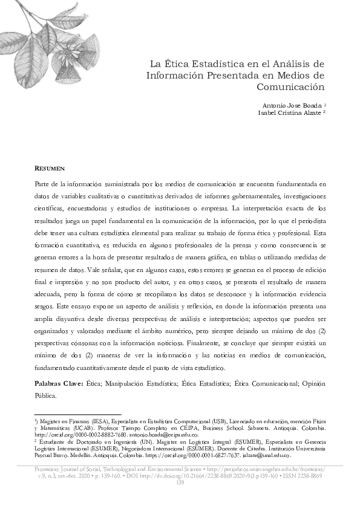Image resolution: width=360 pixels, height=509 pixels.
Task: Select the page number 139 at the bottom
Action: tap(180, 482)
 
